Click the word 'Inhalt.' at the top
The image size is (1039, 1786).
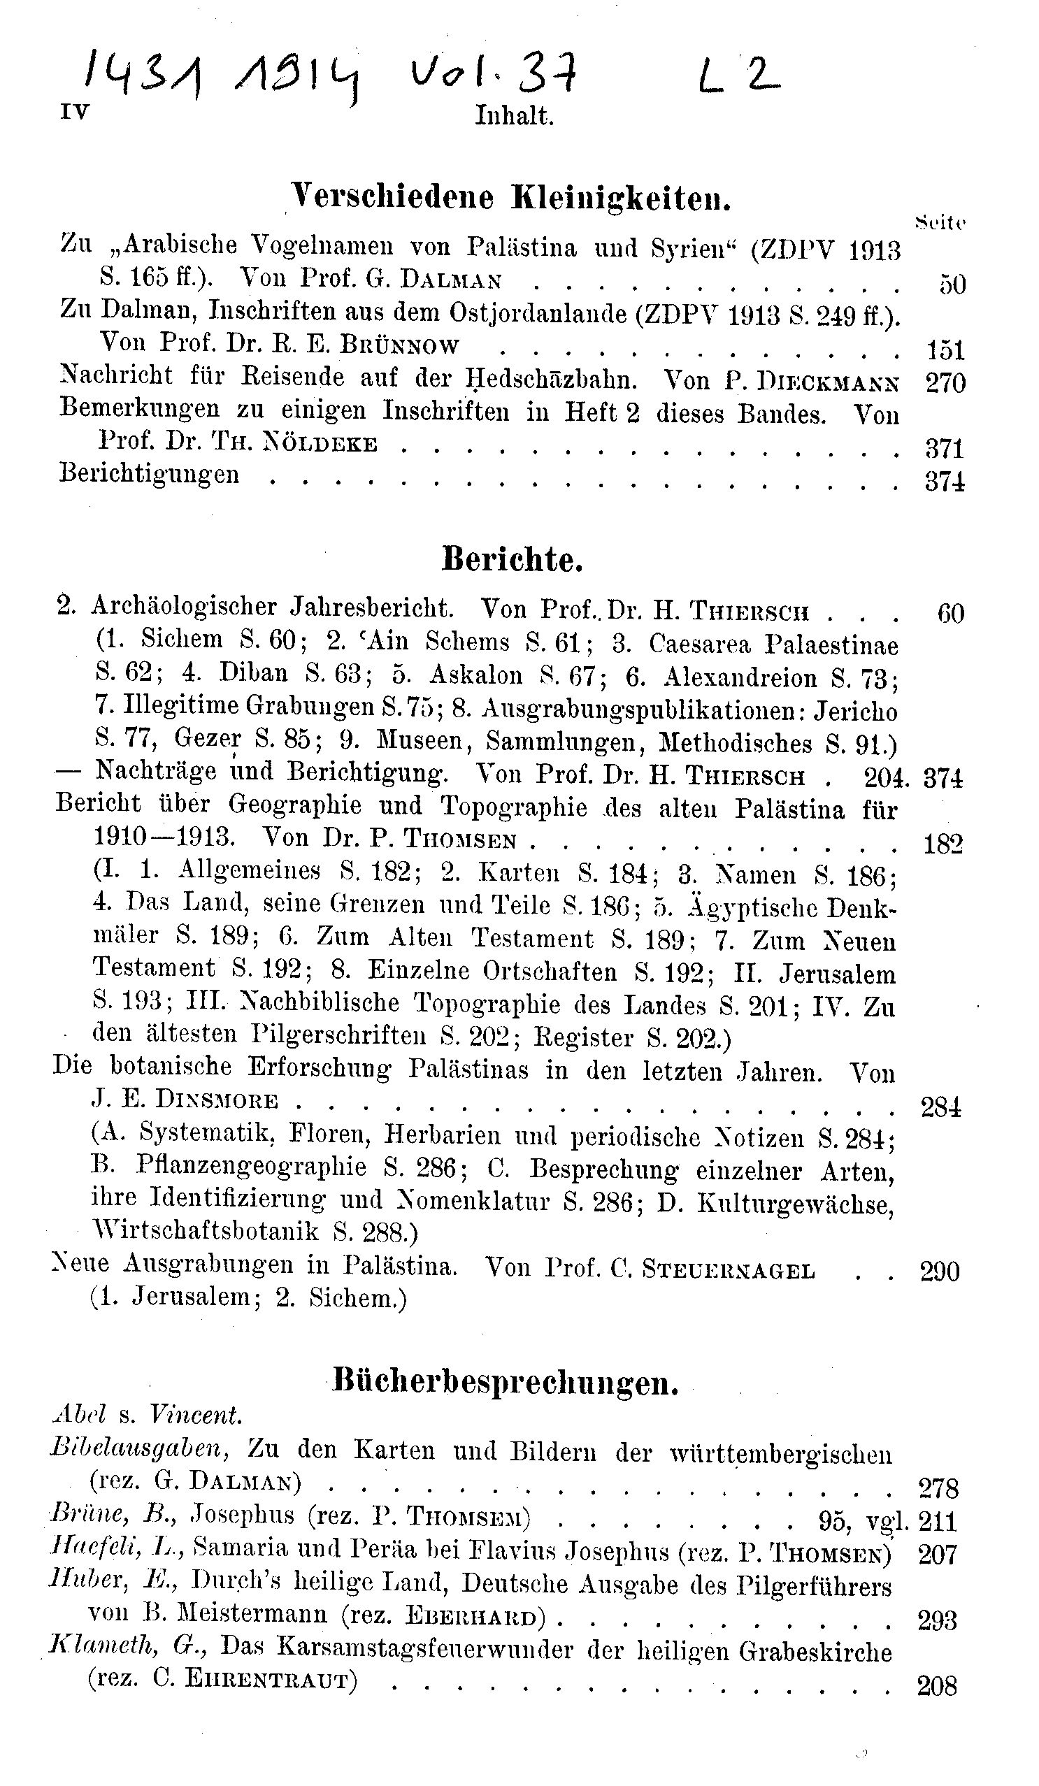tap(514, 115)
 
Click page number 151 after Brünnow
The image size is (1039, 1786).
tap(945, 350)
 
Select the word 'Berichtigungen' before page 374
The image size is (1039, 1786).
tap(150, 473)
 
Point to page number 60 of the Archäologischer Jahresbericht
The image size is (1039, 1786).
tap(950, 613)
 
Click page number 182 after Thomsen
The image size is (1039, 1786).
tap(943, 845)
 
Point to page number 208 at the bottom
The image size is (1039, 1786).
tap(937, 1685)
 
